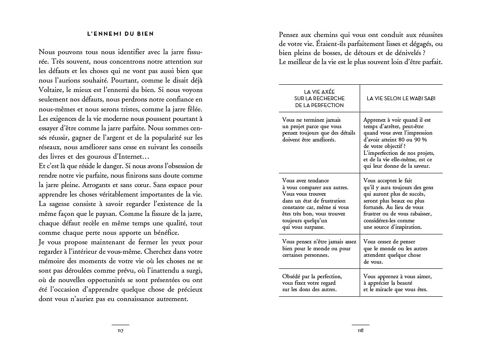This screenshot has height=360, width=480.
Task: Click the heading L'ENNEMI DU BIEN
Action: click(x=120, y=34)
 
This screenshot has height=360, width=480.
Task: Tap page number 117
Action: click(x=120, y=331)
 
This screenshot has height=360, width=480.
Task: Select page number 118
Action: click(x=361, y=331)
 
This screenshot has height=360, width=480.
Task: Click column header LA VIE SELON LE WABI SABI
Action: click(x=401, y=98)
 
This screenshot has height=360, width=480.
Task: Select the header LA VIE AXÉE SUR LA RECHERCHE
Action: click(x=319, y=98)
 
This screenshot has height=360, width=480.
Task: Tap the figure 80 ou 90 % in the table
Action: click(x=407, y=140)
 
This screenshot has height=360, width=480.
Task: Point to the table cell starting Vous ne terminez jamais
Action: click(x=319, y=130)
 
